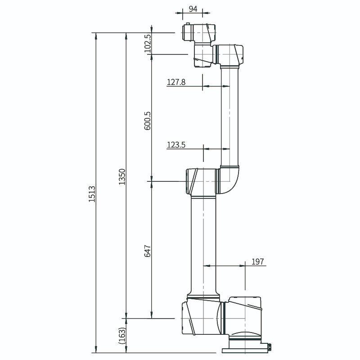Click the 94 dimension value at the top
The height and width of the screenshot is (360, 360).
193,8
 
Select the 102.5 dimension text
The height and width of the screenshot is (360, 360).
147,43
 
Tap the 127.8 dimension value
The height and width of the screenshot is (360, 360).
176,82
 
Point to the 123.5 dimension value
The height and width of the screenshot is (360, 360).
176,144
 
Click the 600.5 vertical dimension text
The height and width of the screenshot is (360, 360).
147,121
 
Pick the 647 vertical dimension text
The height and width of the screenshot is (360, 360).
147,251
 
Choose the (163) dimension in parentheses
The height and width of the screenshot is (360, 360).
121,336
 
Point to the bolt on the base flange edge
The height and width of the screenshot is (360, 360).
269,346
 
